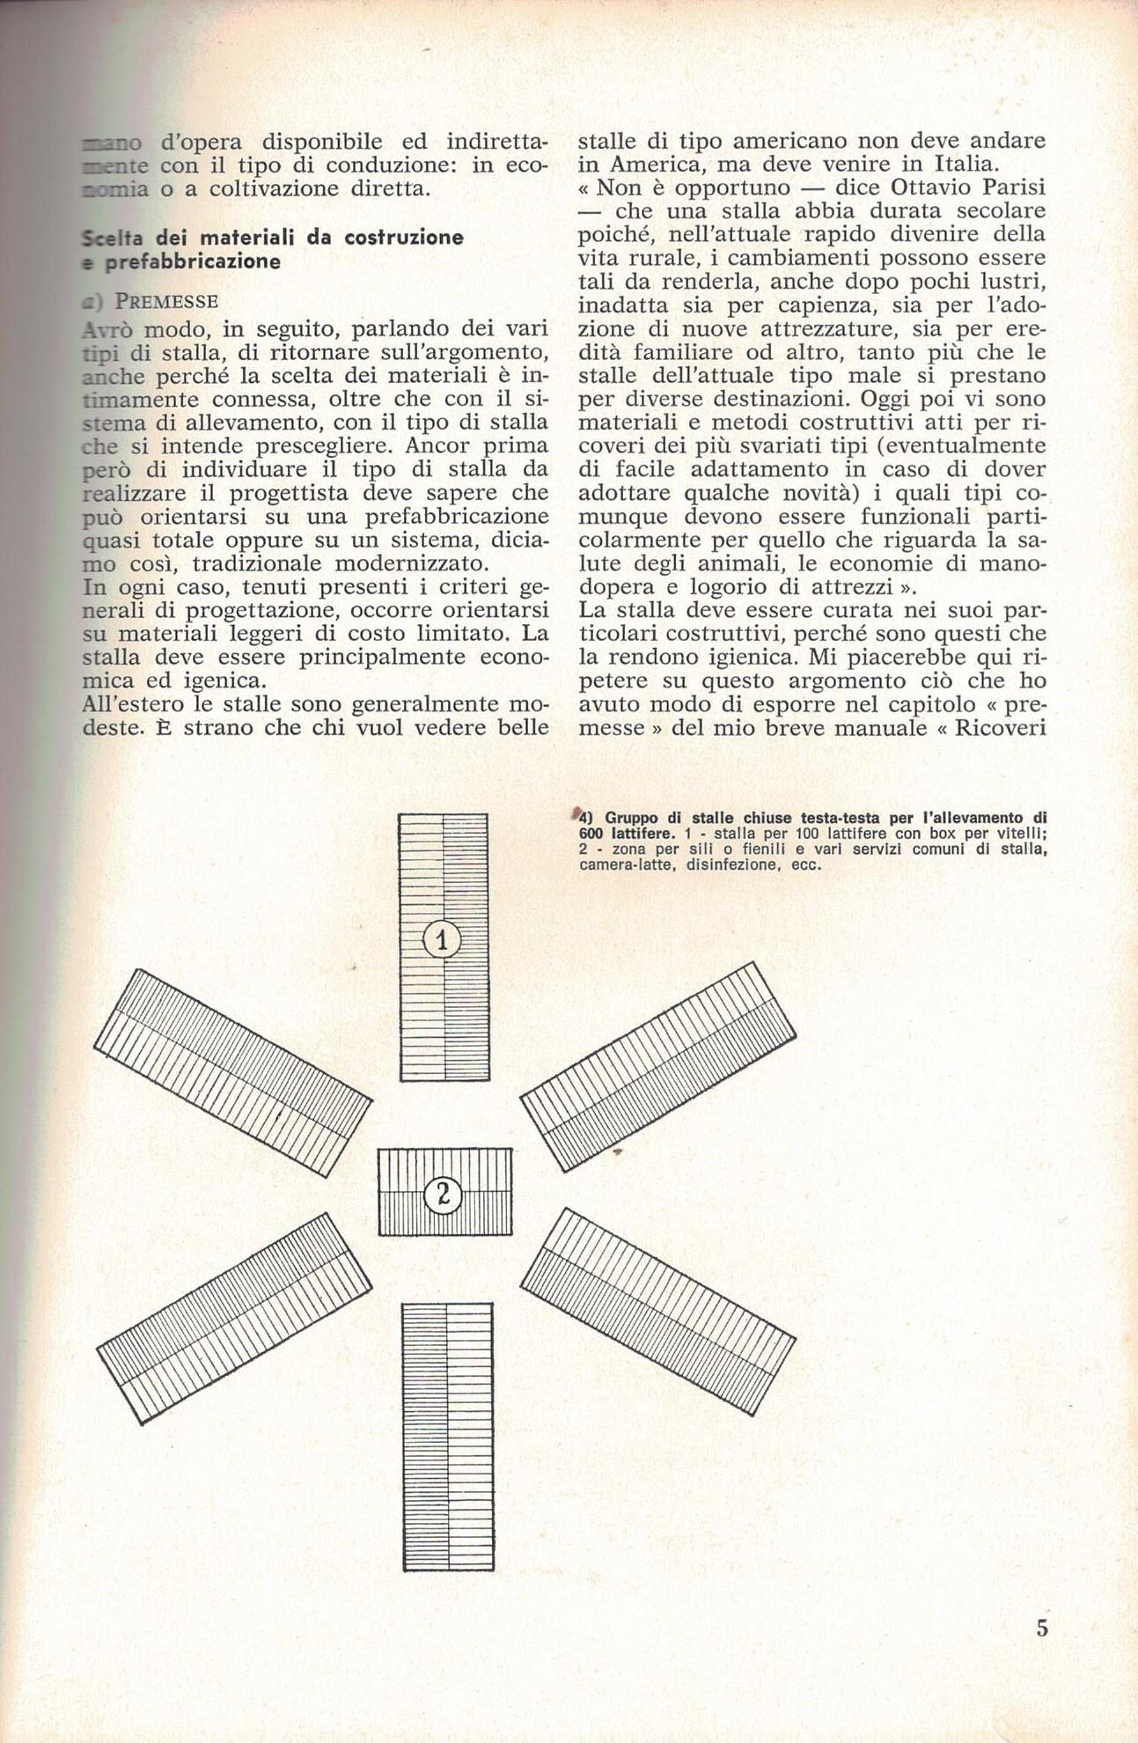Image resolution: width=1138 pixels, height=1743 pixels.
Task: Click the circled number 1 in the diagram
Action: click(x=443, y=941)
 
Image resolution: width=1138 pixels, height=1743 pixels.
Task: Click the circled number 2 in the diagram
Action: click(x=444, y=1195)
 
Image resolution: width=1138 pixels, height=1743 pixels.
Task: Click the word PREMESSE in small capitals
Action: click(x=167, y=301)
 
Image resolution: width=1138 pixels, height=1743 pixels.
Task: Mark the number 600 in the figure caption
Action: click(x=592, y=834)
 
